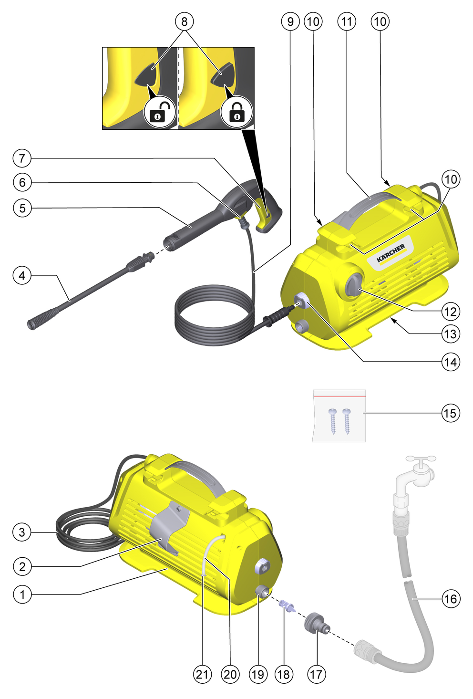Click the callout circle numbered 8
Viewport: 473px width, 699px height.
pos(184,21)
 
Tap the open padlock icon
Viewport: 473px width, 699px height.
pos(159,112)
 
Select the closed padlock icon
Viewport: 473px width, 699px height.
pos(236,112)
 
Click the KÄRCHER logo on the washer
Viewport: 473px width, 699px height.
pos(391,253)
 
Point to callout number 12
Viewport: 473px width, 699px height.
pos(451,312)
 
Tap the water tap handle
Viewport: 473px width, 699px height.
pos(421,459)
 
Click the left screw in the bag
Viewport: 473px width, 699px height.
pos(332,421)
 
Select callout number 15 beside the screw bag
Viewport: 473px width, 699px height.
pos(451,413)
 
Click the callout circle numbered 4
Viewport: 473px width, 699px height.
pos(22,275)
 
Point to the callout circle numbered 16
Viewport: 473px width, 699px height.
pos(451,599)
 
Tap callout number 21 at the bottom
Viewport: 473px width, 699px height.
pos(202,674)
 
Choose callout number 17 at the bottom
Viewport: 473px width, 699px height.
pos(317,674)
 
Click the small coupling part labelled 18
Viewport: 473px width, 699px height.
pos(287,605)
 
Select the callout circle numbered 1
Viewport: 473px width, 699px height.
pos(22,594)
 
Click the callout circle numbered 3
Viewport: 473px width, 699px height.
pos(22,532)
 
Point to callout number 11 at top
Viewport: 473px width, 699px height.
pos(347,21)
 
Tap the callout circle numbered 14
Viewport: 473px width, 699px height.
pos(451,362)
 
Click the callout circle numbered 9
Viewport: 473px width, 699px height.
pos(290,21)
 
